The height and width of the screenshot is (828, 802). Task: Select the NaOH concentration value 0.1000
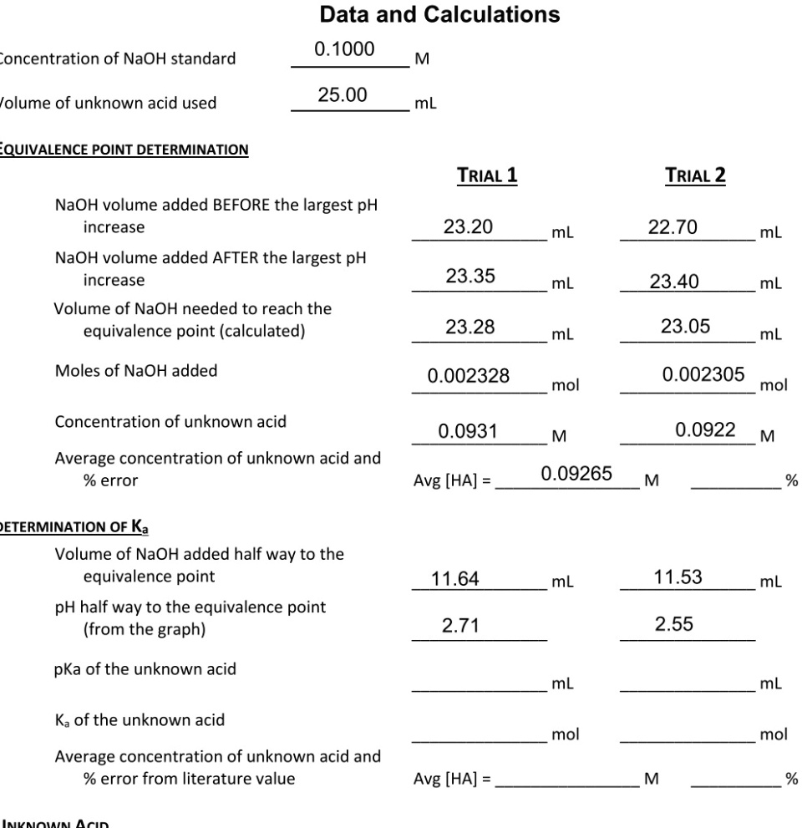(344, 49)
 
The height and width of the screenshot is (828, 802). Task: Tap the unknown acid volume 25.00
(343, 94)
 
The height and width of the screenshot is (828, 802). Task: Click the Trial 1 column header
(486, 176)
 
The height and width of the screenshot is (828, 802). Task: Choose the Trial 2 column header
(695, 176)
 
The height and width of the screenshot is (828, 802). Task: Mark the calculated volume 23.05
(685, 328)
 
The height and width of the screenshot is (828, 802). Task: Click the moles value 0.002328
(468, 377)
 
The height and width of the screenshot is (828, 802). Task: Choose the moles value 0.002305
(703, 375)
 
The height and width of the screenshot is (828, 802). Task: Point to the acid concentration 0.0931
(468, 431)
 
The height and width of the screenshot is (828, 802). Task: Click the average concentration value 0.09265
(576, 475)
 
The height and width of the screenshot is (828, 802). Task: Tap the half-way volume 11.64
(454, 577)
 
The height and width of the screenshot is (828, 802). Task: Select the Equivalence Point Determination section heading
(124, 150)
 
